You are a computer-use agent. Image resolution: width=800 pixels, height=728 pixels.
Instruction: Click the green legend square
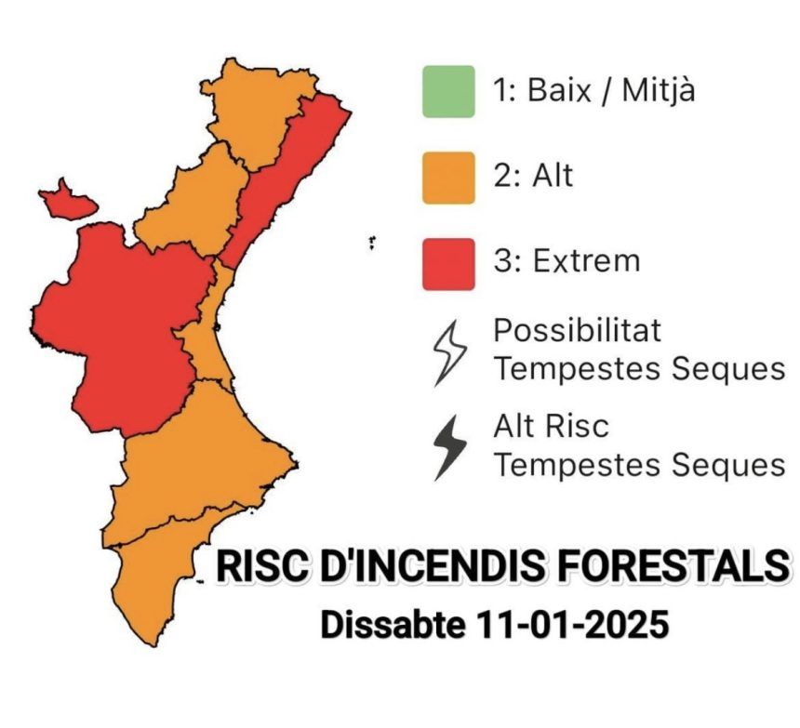[448, 92]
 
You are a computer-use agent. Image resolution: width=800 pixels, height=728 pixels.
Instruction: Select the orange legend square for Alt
[448, 178]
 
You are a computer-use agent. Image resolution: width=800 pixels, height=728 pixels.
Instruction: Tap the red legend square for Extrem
[448, 264]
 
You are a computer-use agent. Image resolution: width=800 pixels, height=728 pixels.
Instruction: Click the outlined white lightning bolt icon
[449, 353]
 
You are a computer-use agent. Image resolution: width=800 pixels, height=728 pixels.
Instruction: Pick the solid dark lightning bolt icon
[449, 447]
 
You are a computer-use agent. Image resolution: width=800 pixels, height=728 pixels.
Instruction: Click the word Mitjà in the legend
[659, 91]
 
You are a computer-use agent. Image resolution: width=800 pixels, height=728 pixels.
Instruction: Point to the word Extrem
[586, 261]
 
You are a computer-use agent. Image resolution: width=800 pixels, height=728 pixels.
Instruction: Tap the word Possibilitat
[577, 330]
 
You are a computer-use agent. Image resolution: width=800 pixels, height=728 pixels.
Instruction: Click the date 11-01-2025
[571, 624]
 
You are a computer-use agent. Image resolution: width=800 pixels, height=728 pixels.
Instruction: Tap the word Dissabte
[393, 624]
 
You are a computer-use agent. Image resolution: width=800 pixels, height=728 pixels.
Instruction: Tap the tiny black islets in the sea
[372, 243]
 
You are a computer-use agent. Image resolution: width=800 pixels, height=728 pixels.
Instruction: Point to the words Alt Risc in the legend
[551, 426]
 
